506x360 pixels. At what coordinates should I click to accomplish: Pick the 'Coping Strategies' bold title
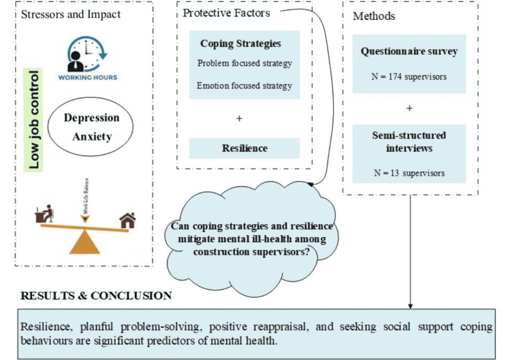tap(241, 44)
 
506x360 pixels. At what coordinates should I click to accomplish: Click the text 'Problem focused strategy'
tap(245, 63)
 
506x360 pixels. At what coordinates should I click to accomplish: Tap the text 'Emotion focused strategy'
tap(244, 86)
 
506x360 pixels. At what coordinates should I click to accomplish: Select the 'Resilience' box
tap(244, 148)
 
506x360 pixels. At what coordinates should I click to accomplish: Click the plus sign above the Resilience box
tap(239, 119)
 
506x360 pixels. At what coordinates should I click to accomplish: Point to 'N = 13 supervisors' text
tap(409, 173)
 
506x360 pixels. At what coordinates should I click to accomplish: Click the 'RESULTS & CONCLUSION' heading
tap(96, 296)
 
